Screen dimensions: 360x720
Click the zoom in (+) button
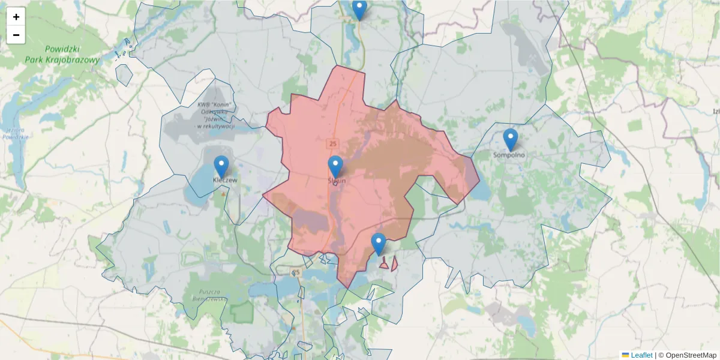point(16,17)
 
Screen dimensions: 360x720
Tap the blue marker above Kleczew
point(221,166)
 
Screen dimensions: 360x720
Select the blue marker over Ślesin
point(335,166)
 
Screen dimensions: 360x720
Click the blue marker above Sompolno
point(510,139)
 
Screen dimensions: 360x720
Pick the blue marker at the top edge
point(359,9)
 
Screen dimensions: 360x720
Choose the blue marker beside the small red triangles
point(378,244)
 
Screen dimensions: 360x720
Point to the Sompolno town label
point(509,155)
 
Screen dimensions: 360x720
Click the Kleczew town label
point(225,180)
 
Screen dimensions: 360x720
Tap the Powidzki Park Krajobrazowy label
point(62,55)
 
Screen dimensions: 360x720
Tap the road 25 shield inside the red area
point(332,143)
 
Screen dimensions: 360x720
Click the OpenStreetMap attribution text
point(691,355)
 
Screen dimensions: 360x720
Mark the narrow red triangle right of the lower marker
point(394,263)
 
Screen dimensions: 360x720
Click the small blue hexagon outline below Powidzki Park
point(124,74)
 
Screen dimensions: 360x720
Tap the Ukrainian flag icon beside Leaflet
point(625,355)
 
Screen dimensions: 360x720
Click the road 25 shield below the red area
point(296,272)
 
